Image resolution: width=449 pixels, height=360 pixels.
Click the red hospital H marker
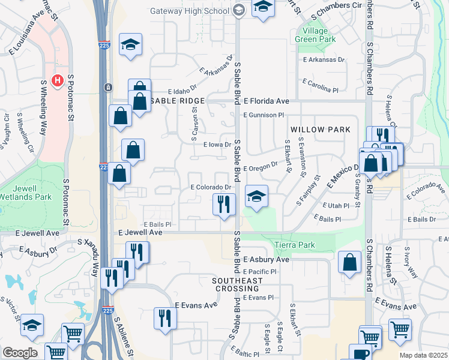[x=58, y=80]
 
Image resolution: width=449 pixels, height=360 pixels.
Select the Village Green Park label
[x=311, y=35]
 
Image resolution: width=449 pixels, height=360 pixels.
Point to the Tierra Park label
[x=295, y=245]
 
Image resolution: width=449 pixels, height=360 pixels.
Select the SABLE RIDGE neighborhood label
[x=177, y=101]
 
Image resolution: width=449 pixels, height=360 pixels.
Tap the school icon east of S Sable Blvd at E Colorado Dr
[x=256, y=197]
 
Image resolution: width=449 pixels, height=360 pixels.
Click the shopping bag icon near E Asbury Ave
[x=349, y=262]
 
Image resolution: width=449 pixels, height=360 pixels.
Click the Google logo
[x=19, y=353]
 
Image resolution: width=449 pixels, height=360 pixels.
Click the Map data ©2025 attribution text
[x=423, y=355]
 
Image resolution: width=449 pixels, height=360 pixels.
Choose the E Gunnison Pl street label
[x=263, y=115]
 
